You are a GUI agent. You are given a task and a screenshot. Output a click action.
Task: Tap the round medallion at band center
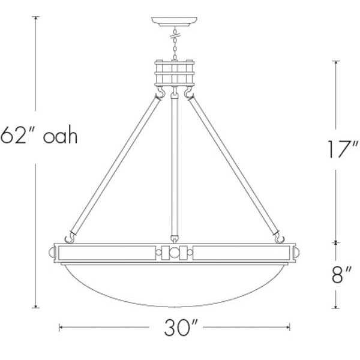click(x=175, y=253)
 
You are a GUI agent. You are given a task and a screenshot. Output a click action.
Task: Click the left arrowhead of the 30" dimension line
click(x=61, y=328)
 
